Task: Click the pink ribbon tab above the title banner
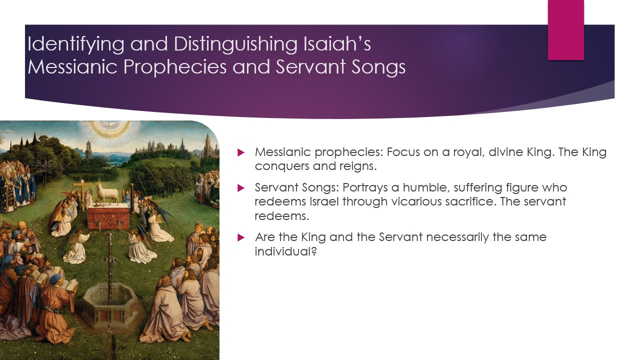point(565,29)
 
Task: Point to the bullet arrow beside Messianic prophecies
point(241,152)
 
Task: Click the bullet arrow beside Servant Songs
point(241,188)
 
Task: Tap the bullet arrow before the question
point(241,237)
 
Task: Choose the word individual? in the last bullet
point(285,251)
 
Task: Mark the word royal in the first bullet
point(469,152)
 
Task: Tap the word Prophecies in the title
point(175,67)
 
